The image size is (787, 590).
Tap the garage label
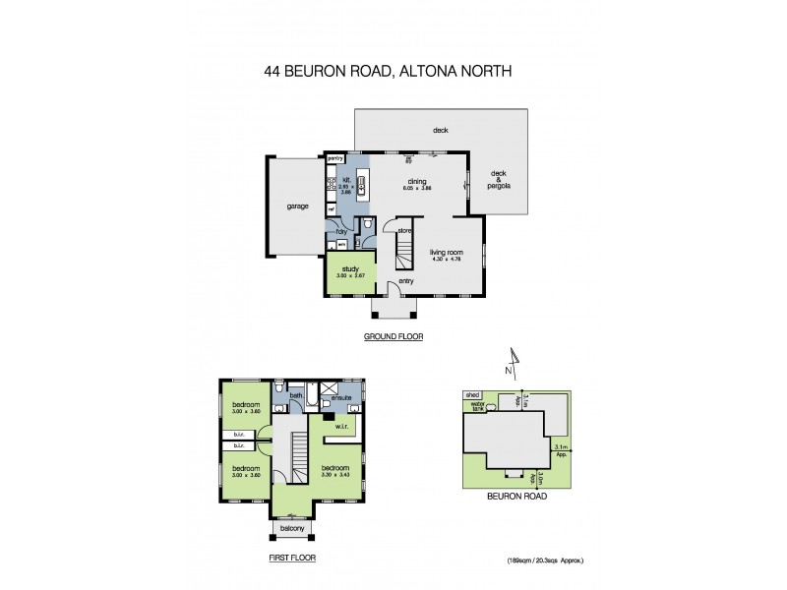[x=297, y=206]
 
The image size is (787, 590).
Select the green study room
[x=350, y=275]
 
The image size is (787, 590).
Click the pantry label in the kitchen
[x=333, y=157]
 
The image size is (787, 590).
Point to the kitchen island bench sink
[x=362, y=181]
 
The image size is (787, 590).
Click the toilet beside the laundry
[x=366, y=225]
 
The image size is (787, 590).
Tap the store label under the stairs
[x=403, y=231]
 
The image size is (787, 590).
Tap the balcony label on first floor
[x=291, y=529]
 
